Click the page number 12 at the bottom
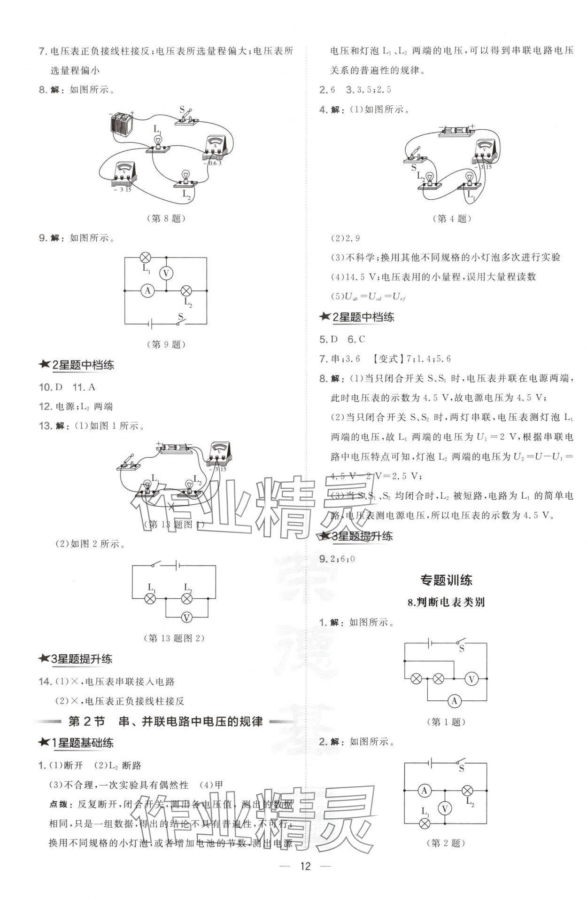pos(306,866)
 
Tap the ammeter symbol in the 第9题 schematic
pos(147,290)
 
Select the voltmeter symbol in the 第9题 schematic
pos(165,273)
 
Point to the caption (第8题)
pos(166,218)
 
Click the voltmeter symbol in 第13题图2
pos(186,618)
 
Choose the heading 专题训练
pos(446,580)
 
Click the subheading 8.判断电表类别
pos(446,602)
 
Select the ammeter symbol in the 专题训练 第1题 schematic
pos(454,701)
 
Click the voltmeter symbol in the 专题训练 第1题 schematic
pos(471,679)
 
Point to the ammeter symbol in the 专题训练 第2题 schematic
pos(425,791)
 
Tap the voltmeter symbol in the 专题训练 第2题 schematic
pos(445,808)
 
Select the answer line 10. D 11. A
pos(67,387)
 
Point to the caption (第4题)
pos(451,218)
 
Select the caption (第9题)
pos(166,344)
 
